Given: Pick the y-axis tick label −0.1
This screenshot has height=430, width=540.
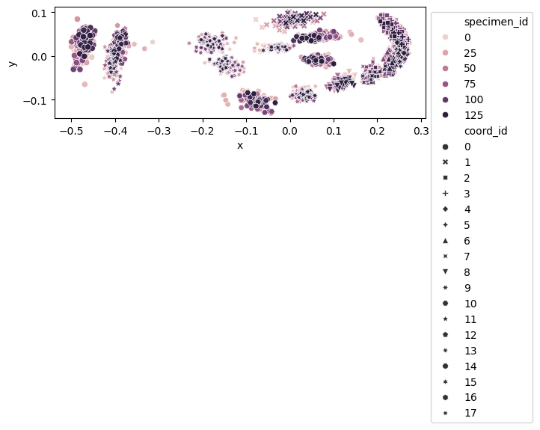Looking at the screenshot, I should coord(35,100).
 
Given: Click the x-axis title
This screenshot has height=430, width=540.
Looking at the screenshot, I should coord(239,145).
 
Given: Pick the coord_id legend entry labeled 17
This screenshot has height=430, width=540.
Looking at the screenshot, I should coord(470,412).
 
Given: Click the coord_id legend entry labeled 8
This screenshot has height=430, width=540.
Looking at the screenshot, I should coord(467,272).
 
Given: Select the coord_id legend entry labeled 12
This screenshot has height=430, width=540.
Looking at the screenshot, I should coord(470,334).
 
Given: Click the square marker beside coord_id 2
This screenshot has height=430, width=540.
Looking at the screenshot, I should coord(446,178).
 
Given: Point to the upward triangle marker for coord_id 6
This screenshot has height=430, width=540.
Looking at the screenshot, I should coord(446,241).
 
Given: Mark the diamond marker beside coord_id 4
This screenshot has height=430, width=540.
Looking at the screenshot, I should coord(446,209).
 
